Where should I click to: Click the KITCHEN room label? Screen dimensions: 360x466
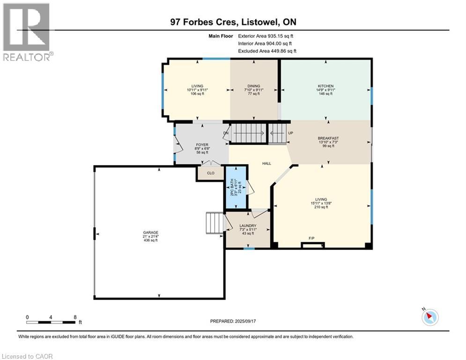325,86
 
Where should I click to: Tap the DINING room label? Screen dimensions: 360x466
254,86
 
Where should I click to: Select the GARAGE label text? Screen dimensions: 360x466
151,232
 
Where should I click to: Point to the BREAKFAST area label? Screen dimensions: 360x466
328,138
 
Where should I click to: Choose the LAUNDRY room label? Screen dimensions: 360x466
248,226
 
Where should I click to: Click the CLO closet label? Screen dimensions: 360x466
211,173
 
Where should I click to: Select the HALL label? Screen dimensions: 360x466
266,163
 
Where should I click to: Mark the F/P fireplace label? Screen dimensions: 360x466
311,239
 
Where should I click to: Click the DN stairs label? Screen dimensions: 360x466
226,133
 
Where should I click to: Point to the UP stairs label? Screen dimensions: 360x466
290,133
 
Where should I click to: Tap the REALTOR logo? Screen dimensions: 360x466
27,32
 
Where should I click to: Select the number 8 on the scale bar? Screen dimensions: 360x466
75,317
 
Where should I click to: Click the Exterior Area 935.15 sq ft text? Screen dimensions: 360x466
266,36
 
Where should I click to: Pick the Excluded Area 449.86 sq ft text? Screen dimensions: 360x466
267,51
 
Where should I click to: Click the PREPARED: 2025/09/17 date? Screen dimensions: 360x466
235,321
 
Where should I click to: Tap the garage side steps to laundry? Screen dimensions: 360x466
215,222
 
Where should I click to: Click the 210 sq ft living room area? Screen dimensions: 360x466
321,208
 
